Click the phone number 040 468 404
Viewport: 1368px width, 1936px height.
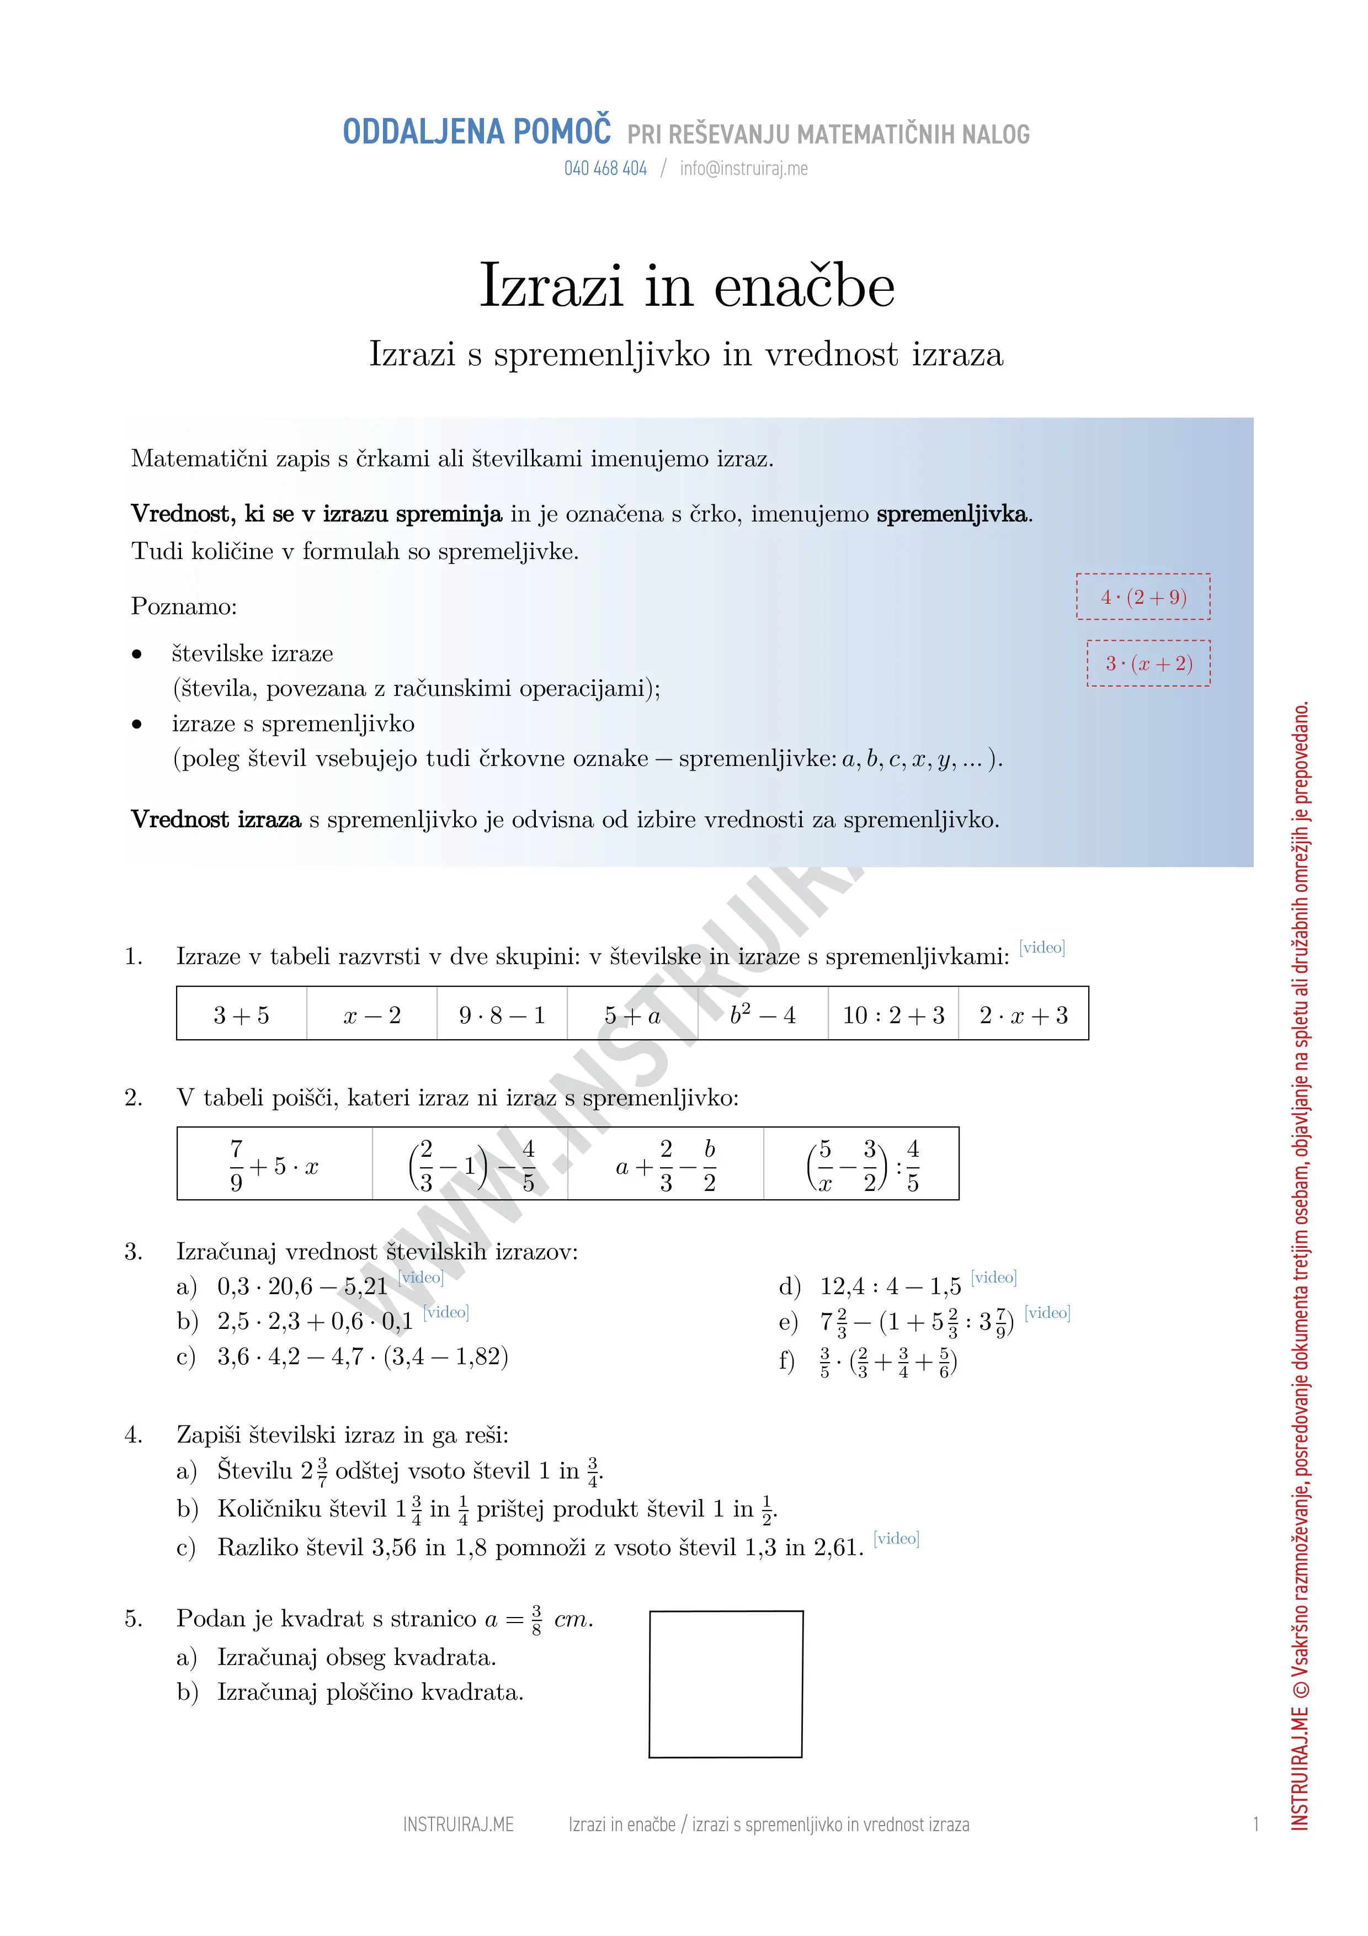coord(605,169)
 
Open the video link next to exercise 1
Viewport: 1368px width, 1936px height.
coord(1042,948)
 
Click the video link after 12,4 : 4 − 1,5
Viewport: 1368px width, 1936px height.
coord(994,1278)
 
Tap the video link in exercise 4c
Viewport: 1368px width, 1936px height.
coord(896,1538)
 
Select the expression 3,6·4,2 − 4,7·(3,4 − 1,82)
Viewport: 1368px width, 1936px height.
coord(363,1357)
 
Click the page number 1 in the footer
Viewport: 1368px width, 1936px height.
coord(1256,1825)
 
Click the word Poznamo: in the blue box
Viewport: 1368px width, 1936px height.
coord(184,607)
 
